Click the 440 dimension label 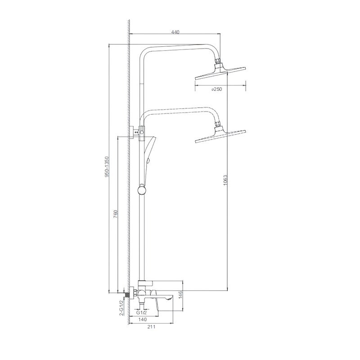175,32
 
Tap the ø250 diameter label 217,89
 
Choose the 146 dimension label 180,295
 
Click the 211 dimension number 151,327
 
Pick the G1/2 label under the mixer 140,311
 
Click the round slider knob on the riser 142,190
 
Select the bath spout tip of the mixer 170,298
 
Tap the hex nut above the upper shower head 219,62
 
